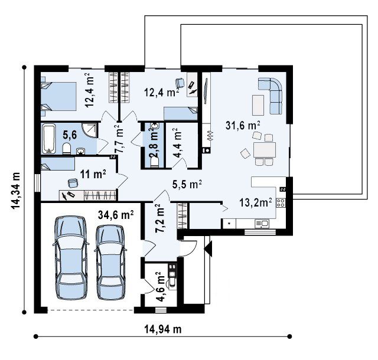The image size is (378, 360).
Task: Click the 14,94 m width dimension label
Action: [x=163, y=329]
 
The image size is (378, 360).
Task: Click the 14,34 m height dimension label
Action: [x=15, y=191]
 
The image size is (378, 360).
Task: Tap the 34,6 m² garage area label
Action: [x=116, y=214]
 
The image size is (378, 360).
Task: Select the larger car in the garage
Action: [x=71, y=257]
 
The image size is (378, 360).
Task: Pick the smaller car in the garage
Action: [x=110, y=262]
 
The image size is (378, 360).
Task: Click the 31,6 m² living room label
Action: [x=243, y=125]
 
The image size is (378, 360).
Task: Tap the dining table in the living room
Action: [x=265, y=150]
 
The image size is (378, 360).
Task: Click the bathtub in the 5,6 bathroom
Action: [x=48, y=139]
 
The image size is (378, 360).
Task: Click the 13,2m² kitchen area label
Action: [x=256, y=202]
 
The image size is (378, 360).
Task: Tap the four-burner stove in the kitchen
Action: [x=281, y=202]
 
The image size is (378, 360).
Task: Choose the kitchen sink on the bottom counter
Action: [x=262, y=224]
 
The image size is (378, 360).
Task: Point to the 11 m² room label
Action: [x=93, y=174]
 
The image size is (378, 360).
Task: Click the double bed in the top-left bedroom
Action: [x=59, y=96]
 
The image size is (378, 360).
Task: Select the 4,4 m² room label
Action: [x=177, y=143]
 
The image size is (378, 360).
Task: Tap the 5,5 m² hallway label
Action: [x=187, y=185]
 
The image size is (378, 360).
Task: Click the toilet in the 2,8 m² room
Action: [x=154, y=162]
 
